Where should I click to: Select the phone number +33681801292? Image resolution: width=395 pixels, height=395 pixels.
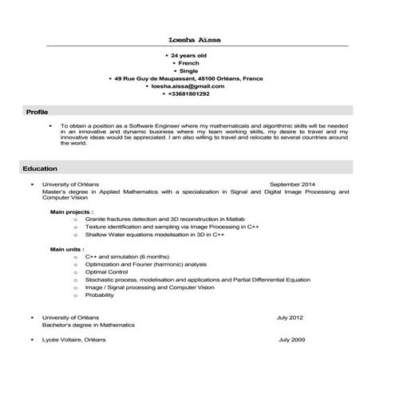coord(189,94)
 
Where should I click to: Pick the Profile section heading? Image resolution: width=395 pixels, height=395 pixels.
coord(37,112)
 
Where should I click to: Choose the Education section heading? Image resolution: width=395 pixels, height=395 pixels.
coord(40,169)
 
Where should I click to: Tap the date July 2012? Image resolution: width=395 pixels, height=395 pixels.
coord(290,318)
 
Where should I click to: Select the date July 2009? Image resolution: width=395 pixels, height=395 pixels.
coord(291,340)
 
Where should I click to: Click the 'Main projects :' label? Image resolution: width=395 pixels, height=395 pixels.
coord(72,212)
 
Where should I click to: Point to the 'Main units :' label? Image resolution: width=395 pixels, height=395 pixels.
coord(67,249)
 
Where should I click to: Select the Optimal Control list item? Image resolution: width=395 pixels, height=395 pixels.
coord(106,272)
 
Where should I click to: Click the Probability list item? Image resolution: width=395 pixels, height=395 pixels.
coord(100,294)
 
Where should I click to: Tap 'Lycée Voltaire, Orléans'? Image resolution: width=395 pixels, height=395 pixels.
coord(73,340)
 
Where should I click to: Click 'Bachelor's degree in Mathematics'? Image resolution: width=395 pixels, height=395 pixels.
coord(88,326)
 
